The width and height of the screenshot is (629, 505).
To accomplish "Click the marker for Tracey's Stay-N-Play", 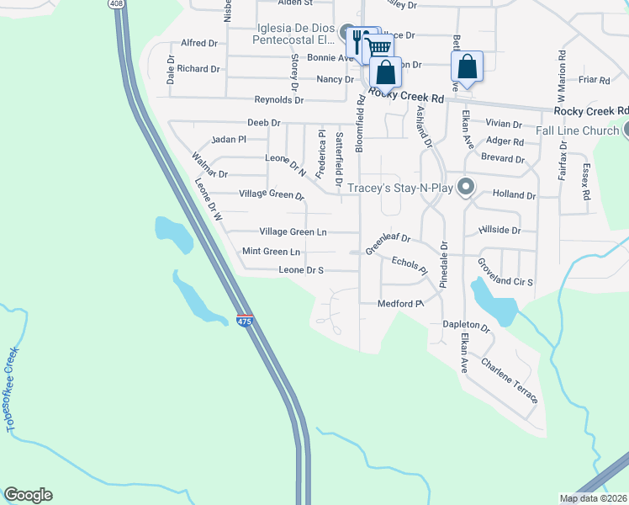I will (466, 186).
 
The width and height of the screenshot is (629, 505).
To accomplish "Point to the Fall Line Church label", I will (578, 130).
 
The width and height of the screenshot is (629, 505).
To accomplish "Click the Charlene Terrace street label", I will (509, 380).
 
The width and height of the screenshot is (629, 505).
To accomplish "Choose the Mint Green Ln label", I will (271, 252).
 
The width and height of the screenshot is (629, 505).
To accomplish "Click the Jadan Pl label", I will (229, 139).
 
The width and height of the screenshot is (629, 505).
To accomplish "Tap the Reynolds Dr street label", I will (278, 100).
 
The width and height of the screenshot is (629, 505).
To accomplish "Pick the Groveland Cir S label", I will (505, 273).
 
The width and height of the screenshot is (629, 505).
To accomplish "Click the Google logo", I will (28, 495).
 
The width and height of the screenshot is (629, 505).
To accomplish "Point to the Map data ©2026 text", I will (592, 498).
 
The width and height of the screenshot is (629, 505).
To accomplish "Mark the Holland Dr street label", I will (514, 195).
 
